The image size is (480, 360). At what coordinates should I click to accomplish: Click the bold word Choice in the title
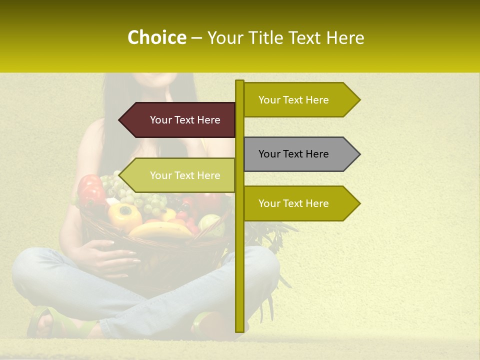156,38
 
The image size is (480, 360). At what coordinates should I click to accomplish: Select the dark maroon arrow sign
180,120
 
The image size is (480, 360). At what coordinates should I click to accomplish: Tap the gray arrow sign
300,154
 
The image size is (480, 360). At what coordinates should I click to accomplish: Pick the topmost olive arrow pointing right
300,100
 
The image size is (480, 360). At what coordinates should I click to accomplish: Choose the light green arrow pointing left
180,175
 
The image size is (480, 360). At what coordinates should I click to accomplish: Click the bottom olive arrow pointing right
300,203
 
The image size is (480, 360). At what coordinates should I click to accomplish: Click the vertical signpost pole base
239,327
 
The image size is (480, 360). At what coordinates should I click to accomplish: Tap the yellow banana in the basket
160,230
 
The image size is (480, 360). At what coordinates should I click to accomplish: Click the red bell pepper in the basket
91,190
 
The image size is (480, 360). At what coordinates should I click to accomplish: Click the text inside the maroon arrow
185,120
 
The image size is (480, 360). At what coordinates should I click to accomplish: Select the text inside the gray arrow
293,154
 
